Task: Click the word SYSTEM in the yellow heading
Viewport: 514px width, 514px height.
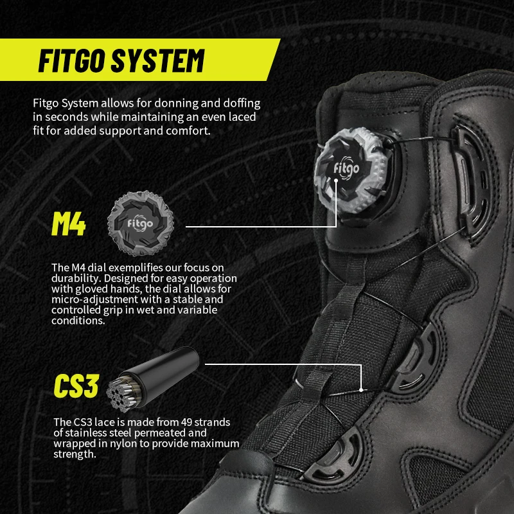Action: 160,61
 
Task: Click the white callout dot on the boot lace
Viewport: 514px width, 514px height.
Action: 363,389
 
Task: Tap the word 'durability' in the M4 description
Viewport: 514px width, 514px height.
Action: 73,279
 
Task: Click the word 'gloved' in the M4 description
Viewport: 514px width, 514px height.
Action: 95,290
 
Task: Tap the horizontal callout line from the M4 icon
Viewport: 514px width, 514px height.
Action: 257,226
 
